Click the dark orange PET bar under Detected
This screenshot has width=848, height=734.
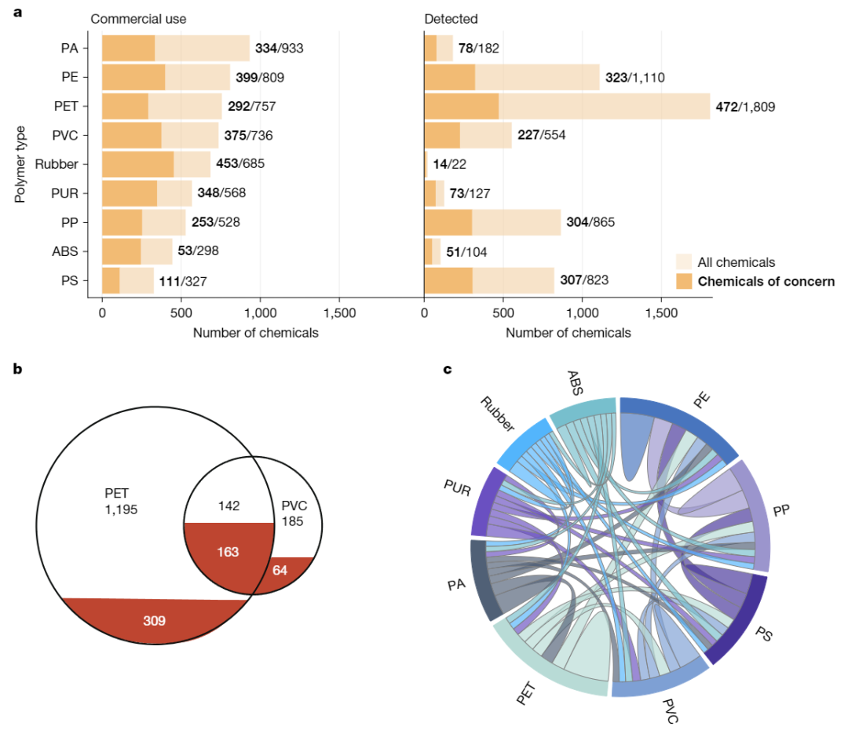[x=461, y=106]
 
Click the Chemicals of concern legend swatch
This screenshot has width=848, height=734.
[x=684, y=281]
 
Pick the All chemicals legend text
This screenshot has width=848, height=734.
[x=736, y=262]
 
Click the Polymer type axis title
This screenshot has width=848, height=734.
[x=20, y=163]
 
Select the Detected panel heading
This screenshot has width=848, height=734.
[x=449, y=19]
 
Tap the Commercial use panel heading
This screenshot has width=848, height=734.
[x=139, y=19]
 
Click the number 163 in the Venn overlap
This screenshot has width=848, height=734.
[x=228, y=552]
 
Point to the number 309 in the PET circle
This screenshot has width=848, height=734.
[x=155, y=620]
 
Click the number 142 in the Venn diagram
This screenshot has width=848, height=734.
[x=228, y=505]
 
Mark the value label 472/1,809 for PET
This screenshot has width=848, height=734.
[x=745, y=106]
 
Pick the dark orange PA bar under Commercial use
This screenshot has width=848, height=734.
[x=128, y=48]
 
